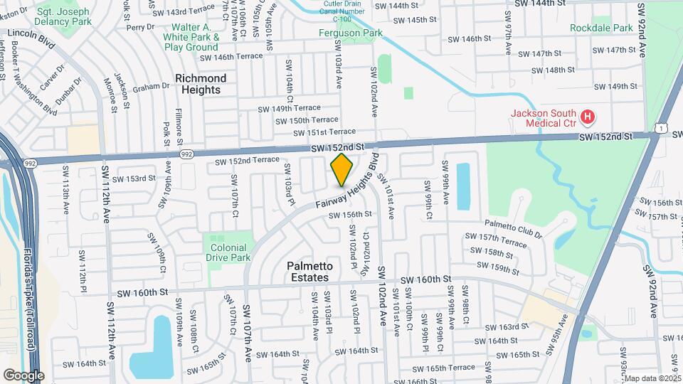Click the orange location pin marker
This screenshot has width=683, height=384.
click(x=342, y=169)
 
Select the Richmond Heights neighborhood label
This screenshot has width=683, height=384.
click(x=201, y=84)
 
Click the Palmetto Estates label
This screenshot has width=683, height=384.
click(x=308, y=272)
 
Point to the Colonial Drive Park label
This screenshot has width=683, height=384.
click(x=228, y=252)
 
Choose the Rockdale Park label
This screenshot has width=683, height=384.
click(x=601, y=28)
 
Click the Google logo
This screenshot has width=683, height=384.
click(x=23, y=375)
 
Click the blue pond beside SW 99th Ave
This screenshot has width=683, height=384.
click(x=463, y=186)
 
